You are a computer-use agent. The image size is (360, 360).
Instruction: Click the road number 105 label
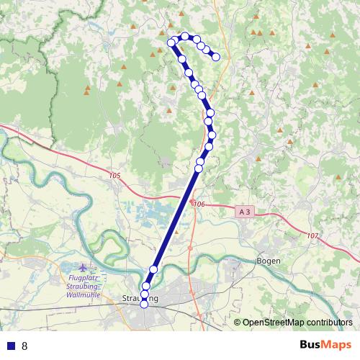click(x=116, y=176)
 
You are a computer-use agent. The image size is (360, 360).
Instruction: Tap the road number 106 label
click(x=200, y=204)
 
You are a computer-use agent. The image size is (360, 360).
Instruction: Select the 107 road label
click(x=312, y=236)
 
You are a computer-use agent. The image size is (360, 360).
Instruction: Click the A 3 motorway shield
click(x=244, y=212)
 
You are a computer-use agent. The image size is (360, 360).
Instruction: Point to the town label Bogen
click(x=269, y=261)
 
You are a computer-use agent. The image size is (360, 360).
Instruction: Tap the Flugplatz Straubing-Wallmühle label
click(x=85, y=286)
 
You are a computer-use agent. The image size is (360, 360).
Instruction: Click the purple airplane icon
click(x=89, y=268)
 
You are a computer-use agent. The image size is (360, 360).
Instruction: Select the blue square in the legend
click(x=9, y=346)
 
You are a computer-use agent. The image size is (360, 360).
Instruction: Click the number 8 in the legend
click(x=24, y=346)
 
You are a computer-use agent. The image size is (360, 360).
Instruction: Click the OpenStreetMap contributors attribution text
click(x=297, y=323)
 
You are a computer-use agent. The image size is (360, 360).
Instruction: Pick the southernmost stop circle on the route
click(x=144, y=304)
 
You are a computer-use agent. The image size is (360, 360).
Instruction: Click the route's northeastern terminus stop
click(x=215, y=57)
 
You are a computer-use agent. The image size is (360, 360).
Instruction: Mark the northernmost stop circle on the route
click(x=185, y=36)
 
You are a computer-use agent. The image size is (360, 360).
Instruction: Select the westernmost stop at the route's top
click(x=171, y=42)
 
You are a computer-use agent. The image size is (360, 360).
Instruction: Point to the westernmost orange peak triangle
click(x=87, y=90)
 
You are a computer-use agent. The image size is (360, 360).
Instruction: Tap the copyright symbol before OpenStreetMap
click(x=238, y=323)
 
